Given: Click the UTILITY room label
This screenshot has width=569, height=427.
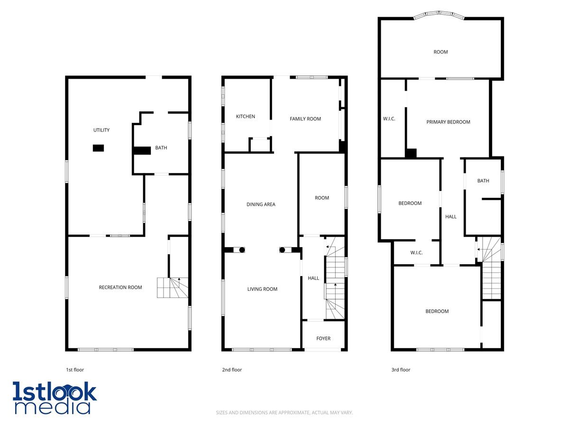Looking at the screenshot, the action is click(101, 130).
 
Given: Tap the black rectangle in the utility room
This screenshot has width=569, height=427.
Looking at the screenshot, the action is click(98, 148).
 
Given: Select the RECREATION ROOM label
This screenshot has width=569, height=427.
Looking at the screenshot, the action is click(120, 287).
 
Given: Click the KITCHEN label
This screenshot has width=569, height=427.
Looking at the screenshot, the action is click(245, 116).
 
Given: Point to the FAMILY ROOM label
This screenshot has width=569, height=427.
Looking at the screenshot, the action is click(305, 119).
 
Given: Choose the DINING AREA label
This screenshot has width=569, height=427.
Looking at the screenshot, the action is click(261, 204).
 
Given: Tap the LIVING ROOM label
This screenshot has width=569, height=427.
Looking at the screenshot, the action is click(262, 289).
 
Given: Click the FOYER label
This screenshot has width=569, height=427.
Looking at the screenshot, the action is click(323, 338).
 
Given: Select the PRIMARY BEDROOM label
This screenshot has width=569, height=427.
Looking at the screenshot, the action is click(448, 122).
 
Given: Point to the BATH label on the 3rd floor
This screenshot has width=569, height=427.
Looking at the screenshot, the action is click(483, 181).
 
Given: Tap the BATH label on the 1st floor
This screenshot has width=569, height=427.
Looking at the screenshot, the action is click(161, 148).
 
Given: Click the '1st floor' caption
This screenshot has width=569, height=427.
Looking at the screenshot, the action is click(75, 370).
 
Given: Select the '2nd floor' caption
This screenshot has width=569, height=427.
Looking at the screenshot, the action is click(232, 370).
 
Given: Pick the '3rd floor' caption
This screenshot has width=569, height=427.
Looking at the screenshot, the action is click(401, 370).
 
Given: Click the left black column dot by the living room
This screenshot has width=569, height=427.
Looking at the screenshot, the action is click(242, 250).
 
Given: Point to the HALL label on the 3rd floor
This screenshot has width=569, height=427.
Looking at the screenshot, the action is click(451, 216).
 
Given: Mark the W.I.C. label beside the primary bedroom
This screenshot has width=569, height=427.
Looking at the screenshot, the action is click(389, 119).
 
